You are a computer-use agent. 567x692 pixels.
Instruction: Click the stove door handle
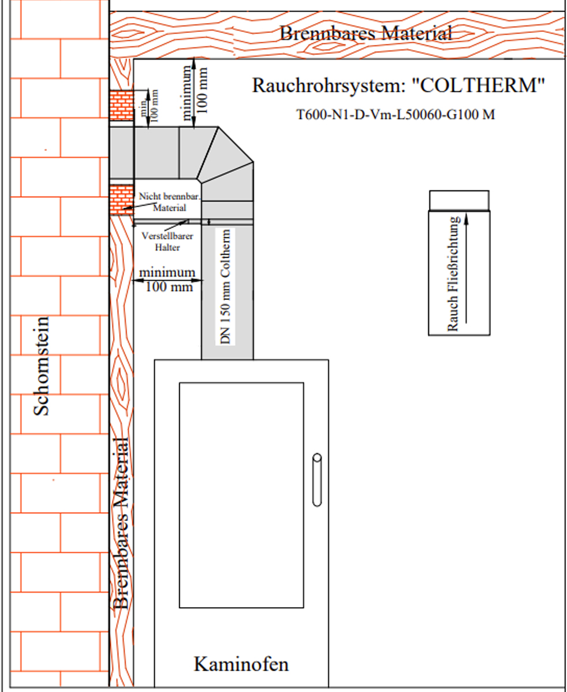click(x=316, y=479)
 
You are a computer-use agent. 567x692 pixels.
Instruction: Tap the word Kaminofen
click(x=241, y=664)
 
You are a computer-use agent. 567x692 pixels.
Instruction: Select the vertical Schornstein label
click(x=42, y=365)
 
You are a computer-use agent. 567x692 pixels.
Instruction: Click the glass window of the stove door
click(x=241, y=494)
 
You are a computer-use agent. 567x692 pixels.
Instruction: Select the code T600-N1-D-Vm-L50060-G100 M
click(x=396, y=114)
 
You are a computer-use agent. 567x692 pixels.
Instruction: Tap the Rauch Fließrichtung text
click(x=453, y=274)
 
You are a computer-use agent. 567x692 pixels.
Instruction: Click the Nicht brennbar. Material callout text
click(x=169, y=202)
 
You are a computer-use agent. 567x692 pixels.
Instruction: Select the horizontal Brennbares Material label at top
click(x=365, y=34)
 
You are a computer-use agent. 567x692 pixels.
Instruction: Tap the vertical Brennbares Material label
click(x=121, y=523)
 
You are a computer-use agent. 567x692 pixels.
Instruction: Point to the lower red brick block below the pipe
click(x=121, y=200)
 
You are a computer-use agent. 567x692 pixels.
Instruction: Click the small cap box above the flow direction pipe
click(x=459, y=200)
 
